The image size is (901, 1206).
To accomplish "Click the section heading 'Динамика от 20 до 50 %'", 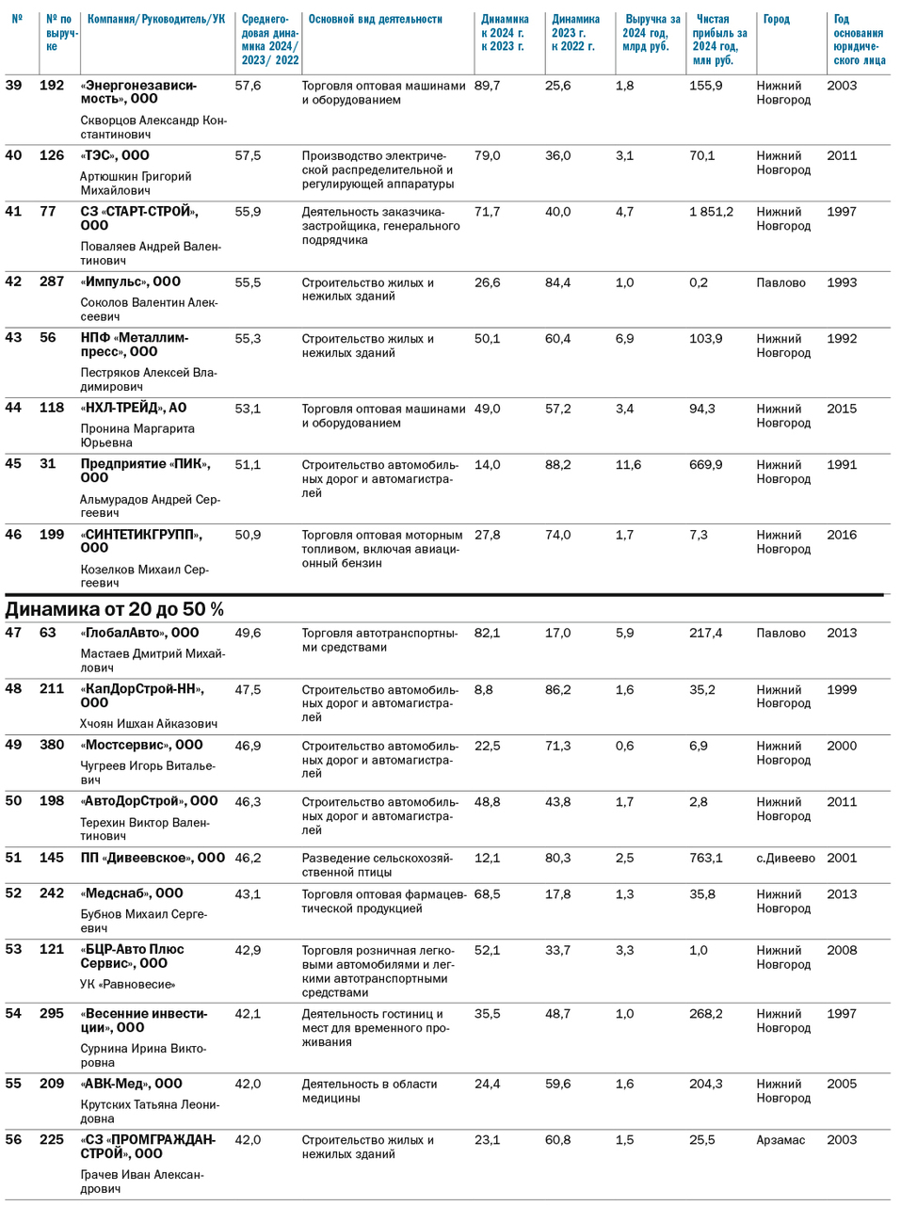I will click(x=115, y=609).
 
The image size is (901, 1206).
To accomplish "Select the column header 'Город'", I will click(x=776, y=20).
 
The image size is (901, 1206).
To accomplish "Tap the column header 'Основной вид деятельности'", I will click(x=375, y=20).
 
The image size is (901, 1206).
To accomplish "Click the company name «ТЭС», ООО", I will click(x=115, y=155).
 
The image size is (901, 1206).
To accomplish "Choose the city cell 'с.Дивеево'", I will click(x=785, y=858).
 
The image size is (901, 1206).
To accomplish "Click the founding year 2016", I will click(x=842, y=535).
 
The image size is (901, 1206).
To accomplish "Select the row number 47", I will click(x=13, y=633).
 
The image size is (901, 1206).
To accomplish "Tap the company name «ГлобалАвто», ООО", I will click(x=139, y=633).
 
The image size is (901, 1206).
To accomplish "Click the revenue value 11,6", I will click(x=628, y=465).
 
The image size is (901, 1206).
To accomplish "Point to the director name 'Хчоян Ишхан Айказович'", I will click(x=149, y=724).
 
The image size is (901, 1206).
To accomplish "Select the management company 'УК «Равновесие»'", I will click(x=127, y=985).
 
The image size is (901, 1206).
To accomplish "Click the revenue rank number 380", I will click(x=52, y=745).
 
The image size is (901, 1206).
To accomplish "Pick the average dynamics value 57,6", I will click(x=248, y=86).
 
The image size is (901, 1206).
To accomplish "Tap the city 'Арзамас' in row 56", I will click(x=780, y=1140).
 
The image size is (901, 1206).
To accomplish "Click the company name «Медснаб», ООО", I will click(x=132, y=893).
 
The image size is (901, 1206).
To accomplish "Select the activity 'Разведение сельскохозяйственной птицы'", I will click(x=377, y=865).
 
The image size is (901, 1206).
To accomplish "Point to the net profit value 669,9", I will click(x=705, y=465).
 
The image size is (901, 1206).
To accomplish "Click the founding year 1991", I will click(x=842, y=465).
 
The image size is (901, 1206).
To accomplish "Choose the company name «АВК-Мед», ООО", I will click(x=131, y=1084).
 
